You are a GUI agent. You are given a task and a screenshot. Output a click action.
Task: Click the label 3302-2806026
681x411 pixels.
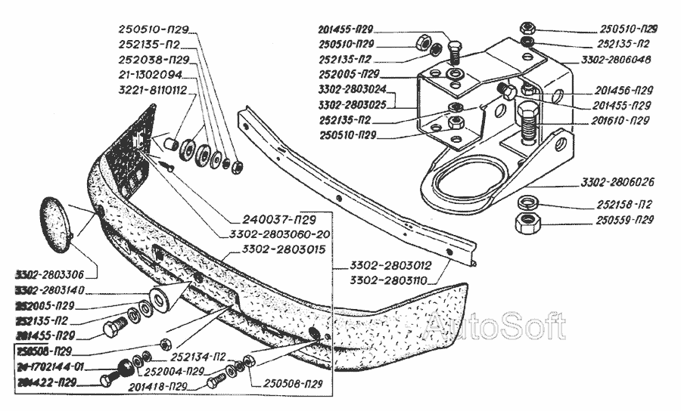[x=619, y=182]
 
